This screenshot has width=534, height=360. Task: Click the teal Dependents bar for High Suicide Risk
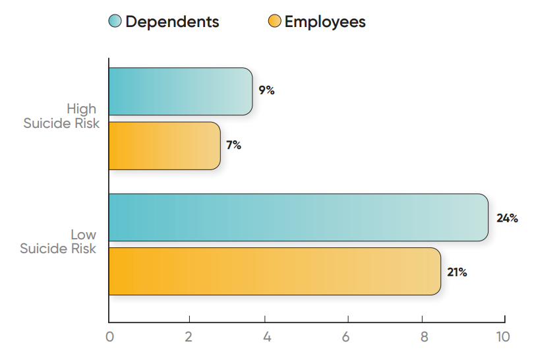[180, 92]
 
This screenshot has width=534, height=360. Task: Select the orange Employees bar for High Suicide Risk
[164, 146]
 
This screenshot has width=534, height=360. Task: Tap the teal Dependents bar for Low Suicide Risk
[298, 218]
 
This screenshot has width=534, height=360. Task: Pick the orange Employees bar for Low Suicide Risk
[274, 272]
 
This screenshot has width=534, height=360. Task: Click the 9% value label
[266, 91]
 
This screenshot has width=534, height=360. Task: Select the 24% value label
[507, 218]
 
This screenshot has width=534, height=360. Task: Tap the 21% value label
[457, 272]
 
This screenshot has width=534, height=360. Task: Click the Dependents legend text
[172, 22]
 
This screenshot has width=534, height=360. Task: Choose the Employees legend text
[325, 22]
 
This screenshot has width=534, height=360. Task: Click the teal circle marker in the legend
[115, 22]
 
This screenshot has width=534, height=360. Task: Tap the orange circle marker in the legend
[275, 22]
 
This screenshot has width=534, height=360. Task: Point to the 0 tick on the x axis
[109, 337]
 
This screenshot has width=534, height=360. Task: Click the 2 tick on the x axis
[189, 337]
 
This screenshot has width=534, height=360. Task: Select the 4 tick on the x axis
[267, 337]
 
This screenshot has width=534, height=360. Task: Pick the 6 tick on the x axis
[345, 337]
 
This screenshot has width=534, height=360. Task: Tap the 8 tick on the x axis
[424, 337]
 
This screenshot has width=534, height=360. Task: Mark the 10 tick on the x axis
[503, 337]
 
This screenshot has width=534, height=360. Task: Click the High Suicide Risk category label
[61, 116]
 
